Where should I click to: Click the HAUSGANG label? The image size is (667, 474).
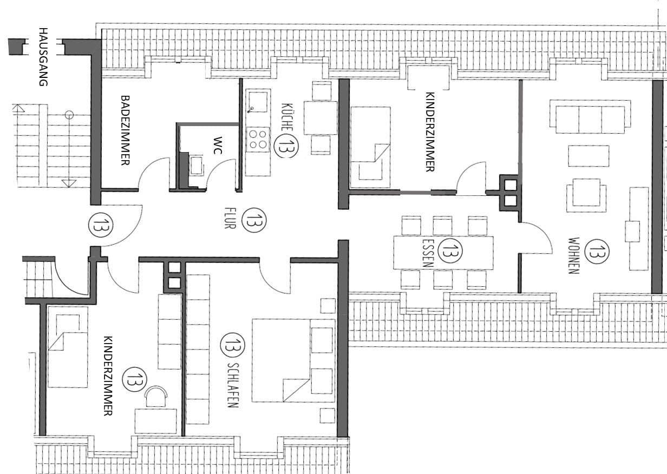(43, 57)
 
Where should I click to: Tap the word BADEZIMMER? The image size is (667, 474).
(125, 130)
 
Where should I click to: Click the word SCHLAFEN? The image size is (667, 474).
(232, 385)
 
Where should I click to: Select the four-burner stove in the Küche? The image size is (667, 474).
(258, 139)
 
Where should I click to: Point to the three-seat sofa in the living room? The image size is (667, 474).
(590, 116)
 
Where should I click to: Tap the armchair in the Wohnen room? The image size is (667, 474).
(586, 196)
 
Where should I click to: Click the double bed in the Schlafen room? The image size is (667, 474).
(293, 360)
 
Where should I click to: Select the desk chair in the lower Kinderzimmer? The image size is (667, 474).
(156, 396)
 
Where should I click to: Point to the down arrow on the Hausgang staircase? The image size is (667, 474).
(69, 183)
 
